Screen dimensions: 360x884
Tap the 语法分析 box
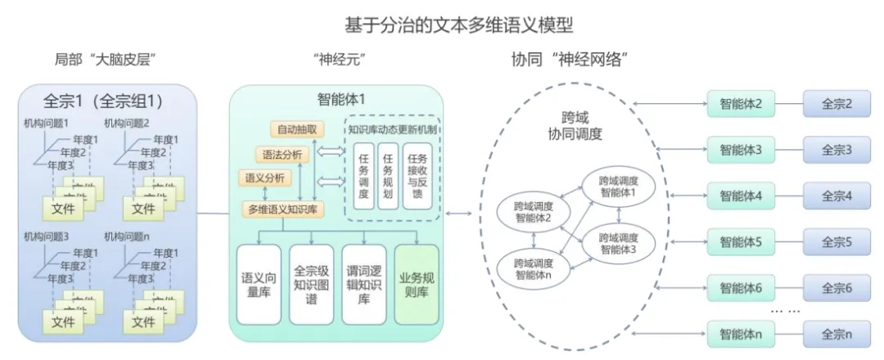(x=282, y=154)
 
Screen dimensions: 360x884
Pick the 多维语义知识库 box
(x=284, y=209)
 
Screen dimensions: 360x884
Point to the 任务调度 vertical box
(x=364, y=176)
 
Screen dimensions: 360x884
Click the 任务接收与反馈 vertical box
(x=417, y=176)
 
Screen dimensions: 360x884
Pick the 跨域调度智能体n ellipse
(x=533, y=269)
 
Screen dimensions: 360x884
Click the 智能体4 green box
(x=741, y=196)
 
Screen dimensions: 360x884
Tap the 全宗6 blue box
(x=837, y=288)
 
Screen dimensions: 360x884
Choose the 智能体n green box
(x=741, y=334)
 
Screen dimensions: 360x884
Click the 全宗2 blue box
(x=837, y=105)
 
